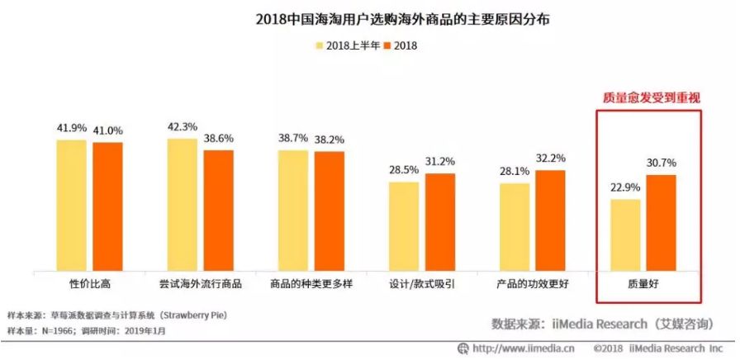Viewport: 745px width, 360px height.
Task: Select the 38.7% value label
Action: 292,140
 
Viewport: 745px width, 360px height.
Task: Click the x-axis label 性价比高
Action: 90,283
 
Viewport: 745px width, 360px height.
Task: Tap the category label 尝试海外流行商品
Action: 200,283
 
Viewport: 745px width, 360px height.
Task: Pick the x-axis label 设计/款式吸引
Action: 422,283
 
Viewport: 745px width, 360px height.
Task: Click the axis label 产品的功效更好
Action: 533,283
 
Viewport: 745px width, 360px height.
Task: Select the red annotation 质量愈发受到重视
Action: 648,97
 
